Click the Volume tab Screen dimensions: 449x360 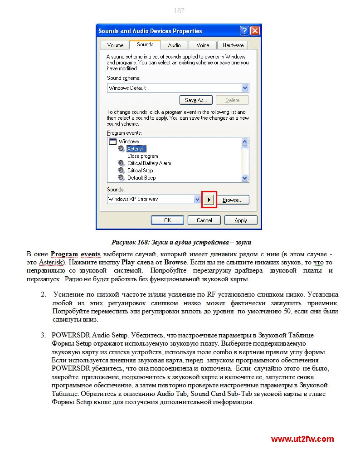click(x=115, y=45)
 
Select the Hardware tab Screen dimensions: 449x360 click(x=233, y=45)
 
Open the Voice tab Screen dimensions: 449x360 click(x=203, y=45)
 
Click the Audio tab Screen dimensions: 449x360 click(x=174, y=45)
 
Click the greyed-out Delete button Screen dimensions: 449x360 click(x=232, y=100)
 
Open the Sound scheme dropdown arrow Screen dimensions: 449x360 click(x=245, y=88)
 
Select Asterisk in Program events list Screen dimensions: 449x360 click(x=136, y=149)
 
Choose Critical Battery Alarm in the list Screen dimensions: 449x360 click(x=149, y=163)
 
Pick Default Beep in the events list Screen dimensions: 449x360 click(x=141, y=178)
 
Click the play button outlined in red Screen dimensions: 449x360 click(x=209, y=200)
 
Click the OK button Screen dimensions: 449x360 click(x=167, y=220)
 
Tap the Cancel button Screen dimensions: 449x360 click(x=204, y=220)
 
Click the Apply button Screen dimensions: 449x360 click(x=241, y=220)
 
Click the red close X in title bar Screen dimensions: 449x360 click(x=255, y=31)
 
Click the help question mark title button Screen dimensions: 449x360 click(x=244, y=31)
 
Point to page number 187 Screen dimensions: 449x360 click(x=180, y=11)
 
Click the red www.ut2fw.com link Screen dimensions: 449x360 click(x=302, y=439)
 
